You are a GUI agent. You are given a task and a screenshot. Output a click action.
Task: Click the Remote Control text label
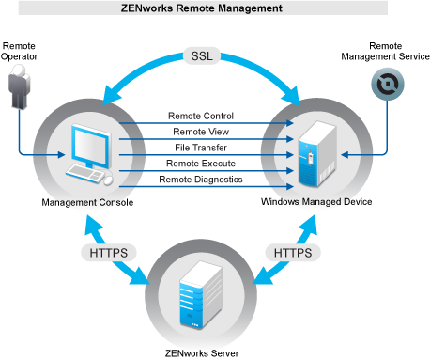click(201, 116)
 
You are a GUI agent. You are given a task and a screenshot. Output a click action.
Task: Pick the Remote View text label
click(201, 132)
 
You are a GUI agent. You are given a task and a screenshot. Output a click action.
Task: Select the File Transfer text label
click(201, 148)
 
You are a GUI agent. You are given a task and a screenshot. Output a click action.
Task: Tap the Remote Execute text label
click(201, 164)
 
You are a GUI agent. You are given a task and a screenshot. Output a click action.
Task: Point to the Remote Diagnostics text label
click(201, 179)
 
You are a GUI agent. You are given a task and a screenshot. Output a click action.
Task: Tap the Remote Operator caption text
click(21, 52)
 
